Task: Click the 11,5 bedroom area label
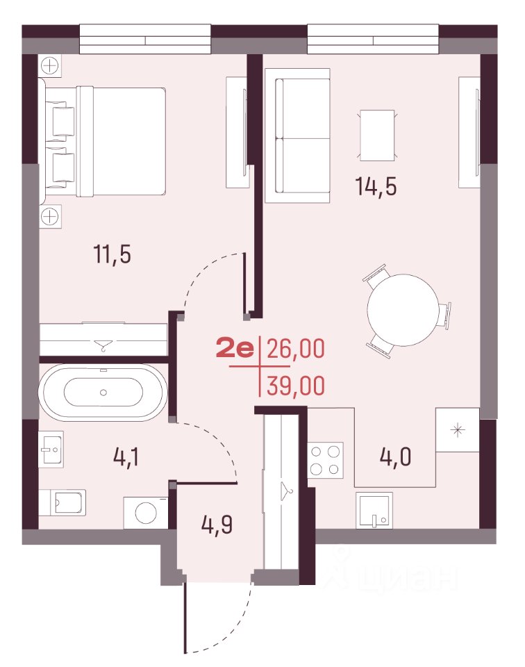(112, 254)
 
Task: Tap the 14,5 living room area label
(376, 186)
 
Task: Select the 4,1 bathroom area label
(126, 457)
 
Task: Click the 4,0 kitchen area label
(395, 457)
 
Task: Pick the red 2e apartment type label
(235, 348)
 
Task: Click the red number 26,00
(296, 348)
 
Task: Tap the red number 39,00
(296, 386)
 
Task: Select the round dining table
(402, 310)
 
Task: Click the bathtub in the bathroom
(103, 392)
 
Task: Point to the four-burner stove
(325, 460)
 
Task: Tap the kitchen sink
(374, 510)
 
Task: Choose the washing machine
(146, 513)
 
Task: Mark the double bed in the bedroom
(105, 141)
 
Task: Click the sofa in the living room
(298, 135)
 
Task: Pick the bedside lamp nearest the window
(50, 66)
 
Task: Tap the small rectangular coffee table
(377, 135)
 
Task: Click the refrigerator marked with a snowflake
(458, 429)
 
